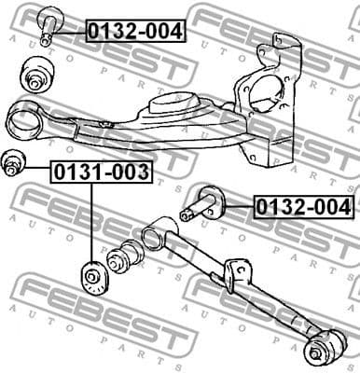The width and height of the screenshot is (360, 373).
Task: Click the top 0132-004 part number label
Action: [135, 31]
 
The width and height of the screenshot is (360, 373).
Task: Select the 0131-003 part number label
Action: [100, 172]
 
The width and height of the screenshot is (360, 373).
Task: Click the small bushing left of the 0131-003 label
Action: [13, 162]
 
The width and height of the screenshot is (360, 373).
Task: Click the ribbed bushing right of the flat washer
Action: [124, 257]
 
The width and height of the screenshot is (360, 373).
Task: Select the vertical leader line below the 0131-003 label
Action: [91, 224]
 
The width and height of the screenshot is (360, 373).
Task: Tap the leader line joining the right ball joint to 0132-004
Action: [237, 205]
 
